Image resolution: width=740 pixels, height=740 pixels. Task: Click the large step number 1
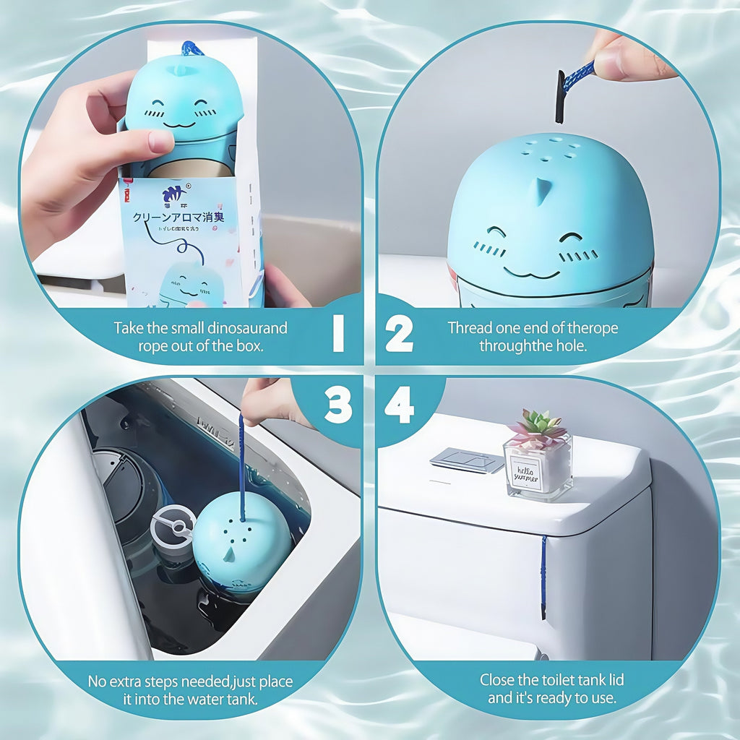click(x=337, y=333)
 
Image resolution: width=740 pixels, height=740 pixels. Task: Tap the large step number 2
click(x=399, y=333)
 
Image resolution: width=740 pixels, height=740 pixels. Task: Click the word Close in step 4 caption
click(x=498, y=680)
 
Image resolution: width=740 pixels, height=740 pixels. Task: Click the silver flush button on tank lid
click(x=467, y=460)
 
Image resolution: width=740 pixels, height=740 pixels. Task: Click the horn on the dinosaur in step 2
click(x=538, y=189)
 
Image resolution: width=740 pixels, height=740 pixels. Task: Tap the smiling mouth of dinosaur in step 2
click(x=531, y=273)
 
